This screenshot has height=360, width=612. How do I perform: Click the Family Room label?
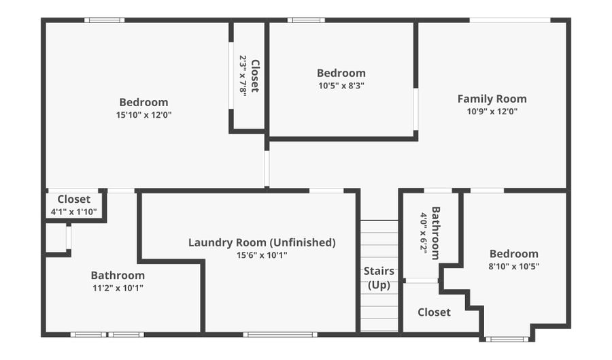[492, 99]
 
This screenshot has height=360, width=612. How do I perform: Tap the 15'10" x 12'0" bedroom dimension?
[144, 115]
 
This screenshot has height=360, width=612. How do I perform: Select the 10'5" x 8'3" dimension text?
[341, 86]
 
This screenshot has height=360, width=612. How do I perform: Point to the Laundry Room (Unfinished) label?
[262, 242]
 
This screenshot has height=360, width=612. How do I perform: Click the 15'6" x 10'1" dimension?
[262, 255]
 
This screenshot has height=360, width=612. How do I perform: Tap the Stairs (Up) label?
[379, 278]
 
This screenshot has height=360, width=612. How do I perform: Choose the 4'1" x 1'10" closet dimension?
[73, 212]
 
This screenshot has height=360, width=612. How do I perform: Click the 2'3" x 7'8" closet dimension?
[243, 75]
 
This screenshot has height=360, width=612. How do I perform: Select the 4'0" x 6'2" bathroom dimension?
[424, 233]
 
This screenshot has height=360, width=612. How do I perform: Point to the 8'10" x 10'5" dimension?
[514, 266]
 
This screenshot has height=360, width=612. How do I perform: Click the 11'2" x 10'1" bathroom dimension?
[118, 288]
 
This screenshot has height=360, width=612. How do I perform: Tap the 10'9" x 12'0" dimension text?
[492, 112]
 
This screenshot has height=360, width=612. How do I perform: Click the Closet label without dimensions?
[434, 312]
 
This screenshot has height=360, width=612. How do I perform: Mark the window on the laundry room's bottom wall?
[280, 335]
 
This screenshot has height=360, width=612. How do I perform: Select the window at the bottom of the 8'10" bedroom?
[507, 340]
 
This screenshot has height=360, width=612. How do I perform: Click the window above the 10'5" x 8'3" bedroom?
[306, 20]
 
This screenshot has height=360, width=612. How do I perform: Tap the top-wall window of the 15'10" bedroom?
[104, 20]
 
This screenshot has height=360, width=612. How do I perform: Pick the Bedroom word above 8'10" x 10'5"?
[514, 254]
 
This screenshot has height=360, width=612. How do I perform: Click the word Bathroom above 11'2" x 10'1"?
[118, 275]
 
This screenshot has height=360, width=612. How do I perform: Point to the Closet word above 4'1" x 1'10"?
[73, 199]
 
